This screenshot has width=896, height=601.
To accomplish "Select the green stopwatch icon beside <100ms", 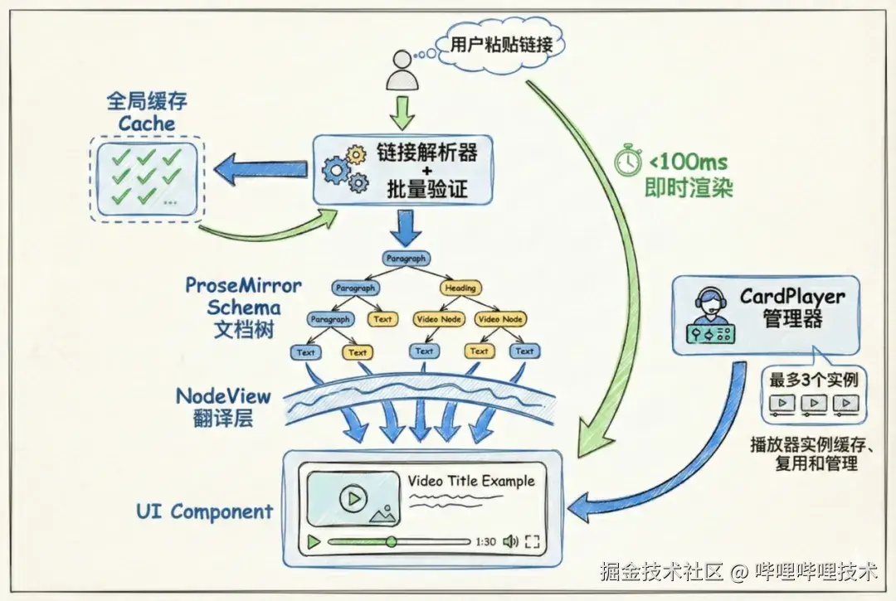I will tap(628, 159).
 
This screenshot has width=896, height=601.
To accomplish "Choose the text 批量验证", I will tap(427, 189).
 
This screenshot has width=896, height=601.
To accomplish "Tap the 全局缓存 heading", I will tap(147, 101).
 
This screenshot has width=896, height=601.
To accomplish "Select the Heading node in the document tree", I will tap(460, 288).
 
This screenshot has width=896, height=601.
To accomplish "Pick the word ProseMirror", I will tap(244, 286).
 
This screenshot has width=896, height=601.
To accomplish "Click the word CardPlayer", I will tap(791, 296).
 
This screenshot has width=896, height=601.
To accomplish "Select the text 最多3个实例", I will tap(813, 380).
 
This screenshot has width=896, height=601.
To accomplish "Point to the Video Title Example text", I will tap(470, 481).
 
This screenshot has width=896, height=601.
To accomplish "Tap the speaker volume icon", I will tap(510, 541).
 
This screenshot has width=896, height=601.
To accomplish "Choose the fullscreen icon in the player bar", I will tap(533, 541).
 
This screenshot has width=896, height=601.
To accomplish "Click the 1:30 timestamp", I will tap(485, 541).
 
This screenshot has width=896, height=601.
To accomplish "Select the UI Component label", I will tap(204, 511).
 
